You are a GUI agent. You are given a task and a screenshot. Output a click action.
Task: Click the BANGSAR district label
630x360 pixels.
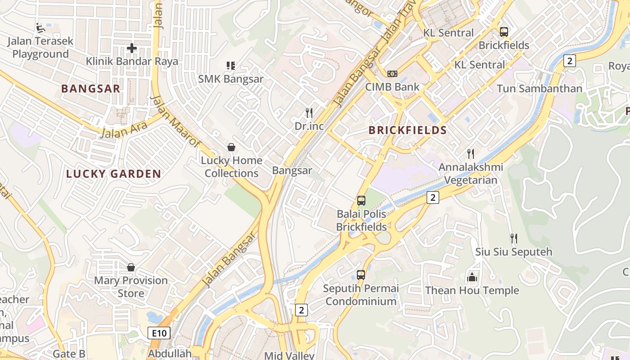(90, 89)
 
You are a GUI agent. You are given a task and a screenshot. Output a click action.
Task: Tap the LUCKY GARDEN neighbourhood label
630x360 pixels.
(113, 174)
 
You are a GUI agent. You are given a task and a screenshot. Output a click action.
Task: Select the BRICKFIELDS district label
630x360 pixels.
(407, 130)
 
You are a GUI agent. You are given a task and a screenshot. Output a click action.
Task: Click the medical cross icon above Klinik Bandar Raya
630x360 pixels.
(132, 48)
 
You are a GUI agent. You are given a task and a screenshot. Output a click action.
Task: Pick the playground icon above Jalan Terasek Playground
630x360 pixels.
(40, 28)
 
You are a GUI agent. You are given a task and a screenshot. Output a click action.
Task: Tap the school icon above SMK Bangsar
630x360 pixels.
(231, 66)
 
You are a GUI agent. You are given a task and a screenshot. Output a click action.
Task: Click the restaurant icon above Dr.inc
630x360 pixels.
(309, 112)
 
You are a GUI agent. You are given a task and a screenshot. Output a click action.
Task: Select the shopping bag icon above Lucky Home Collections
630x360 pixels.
(231, 147)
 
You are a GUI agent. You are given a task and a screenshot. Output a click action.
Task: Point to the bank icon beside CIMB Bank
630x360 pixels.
(392, 74)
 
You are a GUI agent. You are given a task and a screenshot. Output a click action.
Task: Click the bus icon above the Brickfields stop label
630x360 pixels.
(504, 32)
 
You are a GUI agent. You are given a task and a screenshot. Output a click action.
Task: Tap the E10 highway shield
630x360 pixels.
(159, 333)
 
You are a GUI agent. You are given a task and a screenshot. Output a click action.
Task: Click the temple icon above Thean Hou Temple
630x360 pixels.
(472, 277)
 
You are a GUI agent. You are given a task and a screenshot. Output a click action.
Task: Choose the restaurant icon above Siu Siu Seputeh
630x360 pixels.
(513, 238)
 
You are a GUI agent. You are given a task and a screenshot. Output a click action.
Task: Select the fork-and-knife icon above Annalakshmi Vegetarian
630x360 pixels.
(471, 154)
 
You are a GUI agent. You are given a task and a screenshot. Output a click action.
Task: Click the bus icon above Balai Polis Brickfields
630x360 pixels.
(361, 201)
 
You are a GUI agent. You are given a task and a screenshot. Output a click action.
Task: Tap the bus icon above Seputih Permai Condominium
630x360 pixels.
(361, 274)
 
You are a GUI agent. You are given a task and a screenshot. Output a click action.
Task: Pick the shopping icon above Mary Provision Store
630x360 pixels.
(131, 267)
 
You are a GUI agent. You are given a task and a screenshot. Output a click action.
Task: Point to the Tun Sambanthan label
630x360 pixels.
(539, 89)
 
